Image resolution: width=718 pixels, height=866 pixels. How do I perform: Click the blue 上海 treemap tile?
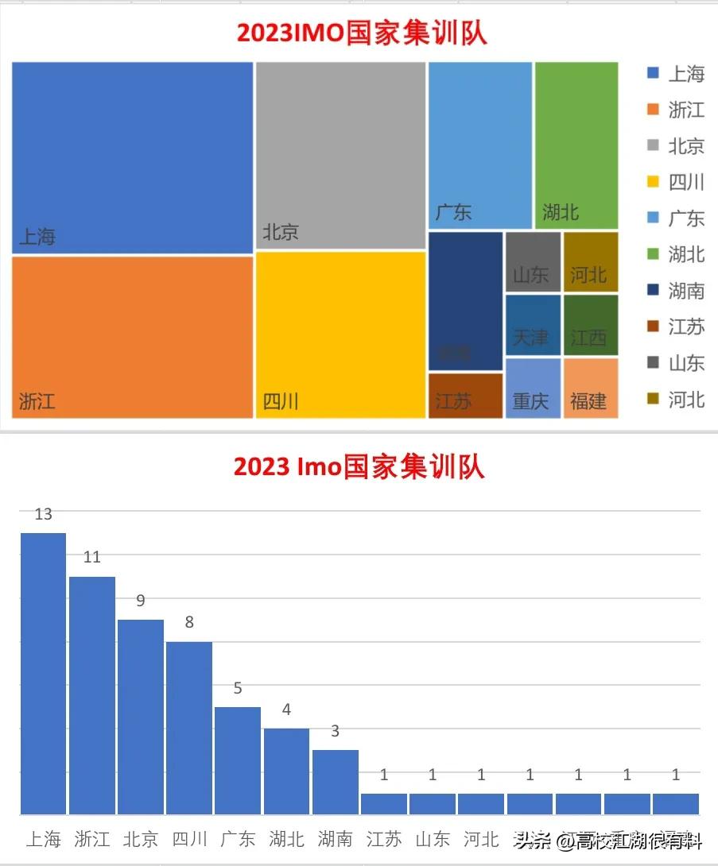[x=132, y=157]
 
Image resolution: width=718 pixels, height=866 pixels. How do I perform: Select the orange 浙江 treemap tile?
[x=132, y=336]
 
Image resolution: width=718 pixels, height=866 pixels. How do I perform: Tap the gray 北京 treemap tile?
[x=340, y=155]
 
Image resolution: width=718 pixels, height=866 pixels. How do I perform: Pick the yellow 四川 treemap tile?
[x=340, y=334]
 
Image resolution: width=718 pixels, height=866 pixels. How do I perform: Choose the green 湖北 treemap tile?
[x=576, y=145]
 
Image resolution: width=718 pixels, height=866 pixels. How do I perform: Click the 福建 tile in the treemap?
[x=590, y=388]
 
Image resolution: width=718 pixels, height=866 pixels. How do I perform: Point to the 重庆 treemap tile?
[x=533, y=388]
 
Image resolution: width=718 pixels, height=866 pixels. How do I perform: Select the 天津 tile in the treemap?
[x=533, y=325]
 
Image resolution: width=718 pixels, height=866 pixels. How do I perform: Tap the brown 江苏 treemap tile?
[x=465, y=395]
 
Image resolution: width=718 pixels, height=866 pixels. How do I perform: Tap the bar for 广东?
[x=238, y=760]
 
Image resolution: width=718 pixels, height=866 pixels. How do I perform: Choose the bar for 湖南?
[x=335, y=782]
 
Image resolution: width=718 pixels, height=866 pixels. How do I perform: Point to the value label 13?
[x=43, y=515]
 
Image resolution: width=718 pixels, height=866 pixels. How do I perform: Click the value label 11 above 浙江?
[x=92, y=558]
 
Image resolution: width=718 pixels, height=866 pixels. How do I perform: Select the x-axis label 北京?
[x=141, y=839]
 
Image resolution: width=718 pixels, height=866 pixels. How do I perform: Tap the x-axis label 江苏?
[x=384, y=839]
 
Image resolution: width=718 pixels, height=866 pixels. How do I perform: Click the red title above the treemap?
[x=361, y=33]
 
